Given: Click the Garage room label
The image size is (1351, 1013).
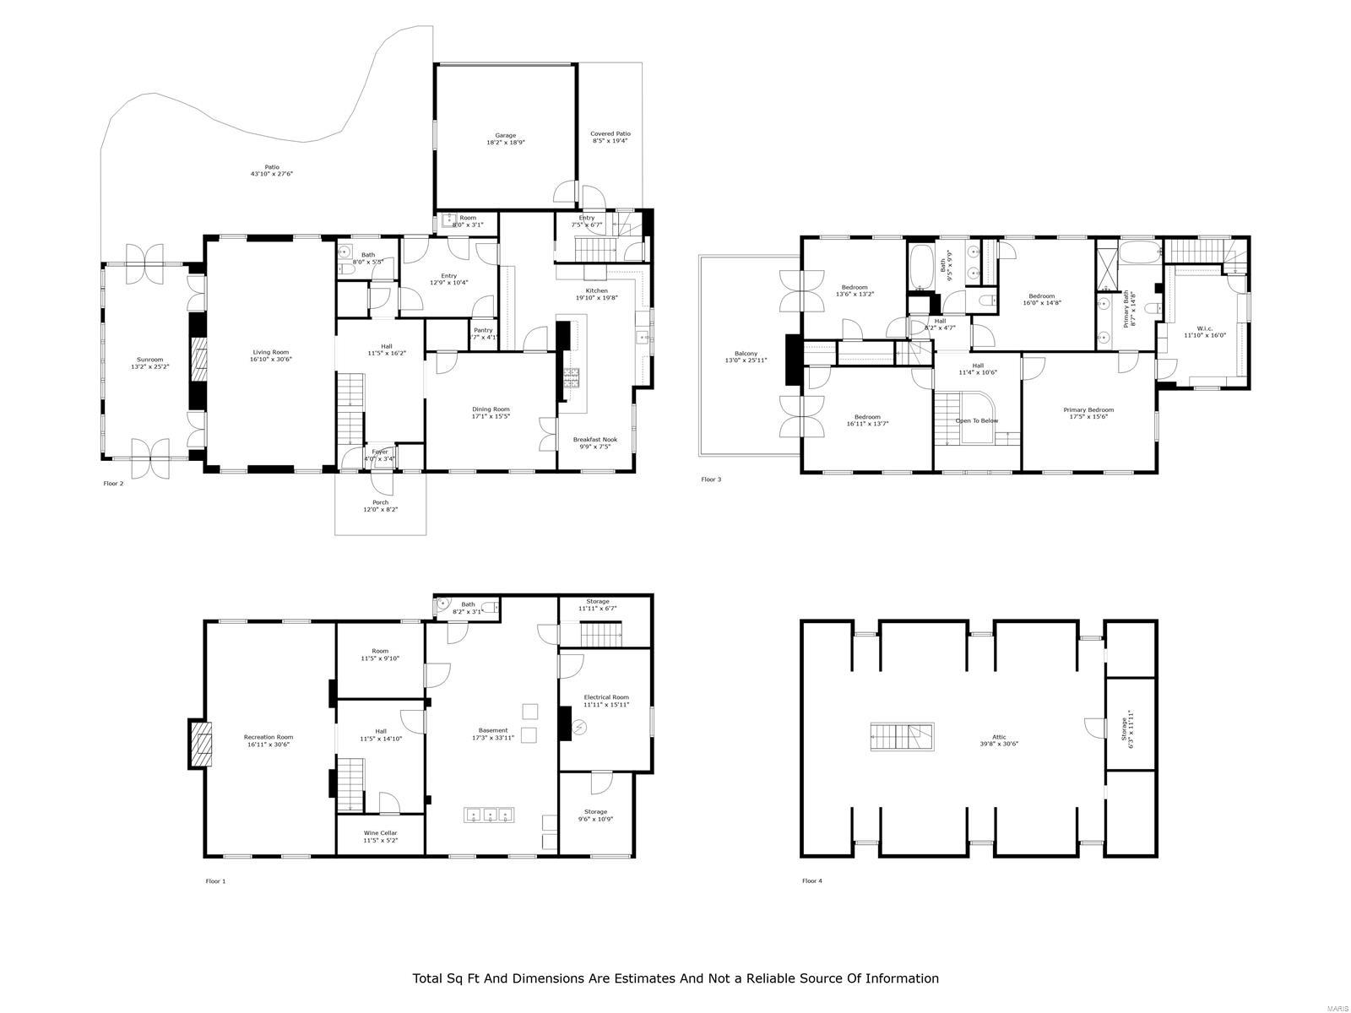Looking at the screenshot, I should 505,135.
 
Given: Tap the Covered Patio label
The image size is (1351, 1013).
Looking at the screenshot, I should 610,133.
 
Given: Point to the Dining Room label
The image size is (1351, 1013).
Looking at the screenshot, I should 491,409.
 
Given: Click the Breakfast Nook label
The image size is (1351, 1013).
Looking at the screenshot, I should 595,439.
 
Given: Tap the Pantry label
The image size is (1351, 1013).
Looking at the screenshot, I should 483,330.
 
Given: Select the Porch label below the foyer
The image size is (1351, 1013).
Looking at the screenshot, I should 380,502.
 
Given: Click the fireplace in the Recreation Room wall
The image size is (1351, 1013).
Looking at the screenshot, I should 198,744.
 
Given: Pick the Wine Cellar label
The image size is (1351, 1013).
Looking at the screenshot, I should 380,832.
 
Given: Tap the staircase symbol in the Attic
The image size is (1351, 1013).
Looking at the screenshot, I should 902,736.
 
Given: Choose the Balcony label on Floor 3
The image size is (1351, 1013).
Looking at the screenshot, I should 746,354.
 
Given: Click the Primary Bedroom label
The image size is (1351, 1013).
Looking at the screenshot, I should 1088,409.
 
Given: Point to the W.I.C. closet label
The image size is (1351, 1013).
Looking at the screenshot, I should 1204,328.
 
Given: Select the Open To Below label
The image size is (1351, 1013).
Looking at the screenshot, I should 977,420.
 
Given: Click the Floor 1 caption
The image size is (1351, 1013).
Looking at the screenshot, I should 215,881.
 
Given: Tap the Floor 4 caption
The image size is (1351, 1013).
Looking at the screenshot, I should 811,881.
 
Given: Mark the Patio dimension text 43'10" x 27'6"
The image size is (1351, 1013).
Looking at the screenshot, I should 271,174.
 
